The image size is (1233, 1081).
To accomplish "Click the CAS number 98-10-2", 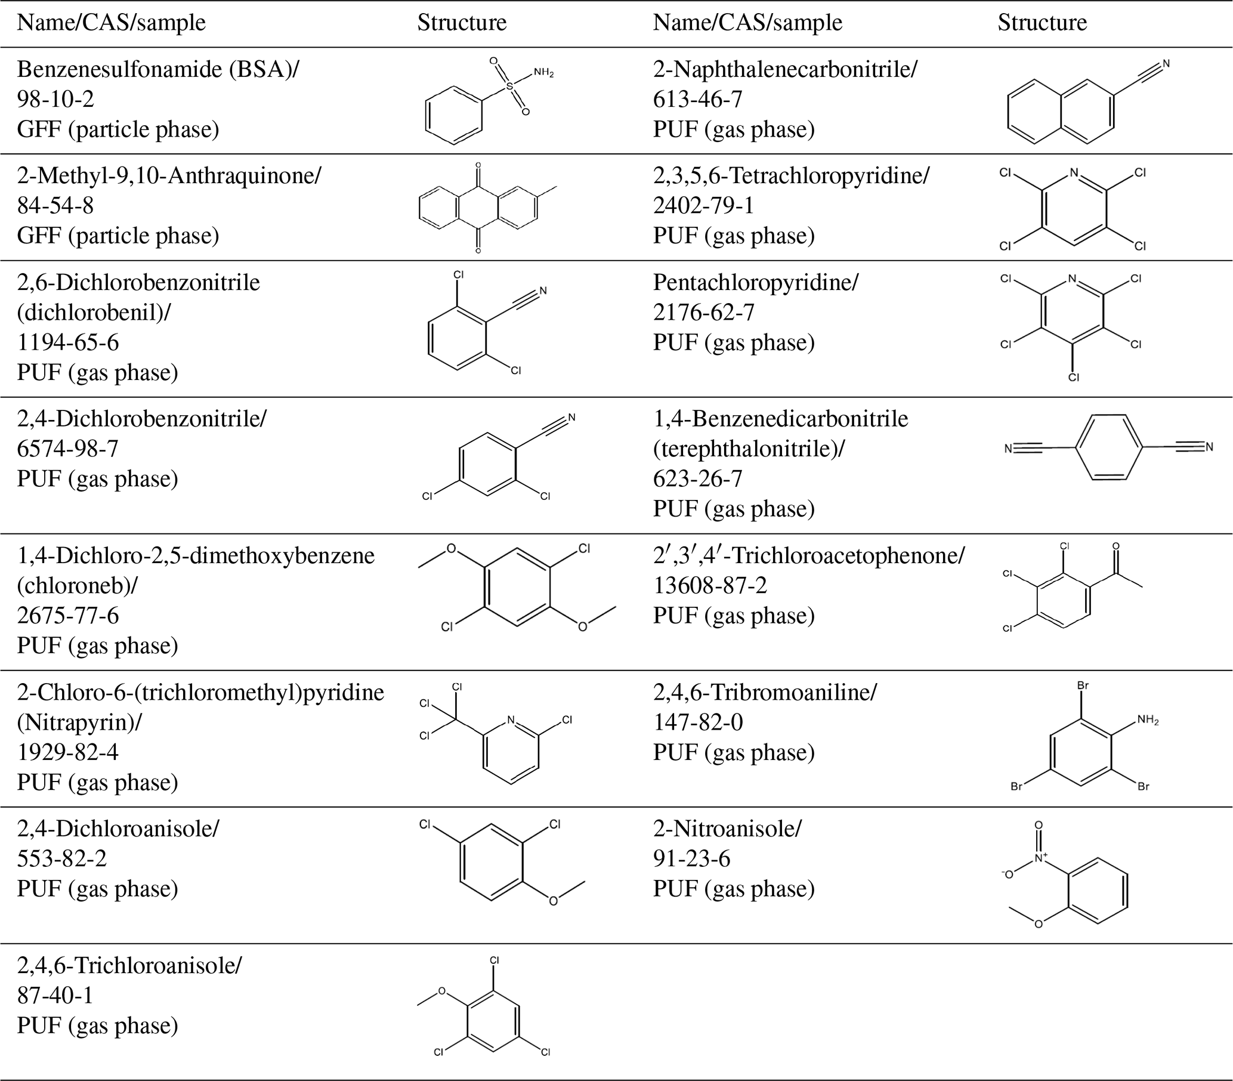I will pos(55,99).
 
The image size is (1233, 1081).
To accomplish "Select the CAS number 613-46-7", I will pos(697,99).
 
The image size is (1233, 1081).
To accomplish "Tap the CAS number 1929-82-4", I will pos(67,752).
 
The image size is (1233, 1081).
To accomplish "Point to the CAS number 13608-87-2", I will pos(710,585).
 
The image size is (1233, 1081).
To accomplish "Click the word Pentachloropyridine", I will pos(755,282).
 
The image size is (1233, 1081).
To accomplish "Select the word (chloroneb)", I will pos(76,585).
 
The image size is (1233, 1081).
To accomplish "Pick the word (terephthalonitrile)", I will pos(749,449).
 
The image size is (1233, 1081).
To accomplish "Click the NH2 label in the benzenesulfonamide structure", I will pos(543,73).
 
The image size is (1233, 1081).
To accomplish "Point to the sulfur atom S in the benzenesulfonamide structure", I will pos(510,87).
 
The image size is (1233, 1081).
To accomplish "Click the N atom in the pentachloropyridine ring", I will pos(1071,279).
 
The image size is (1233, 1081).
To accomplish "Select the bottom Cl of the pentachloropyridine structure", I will pos(1074,377).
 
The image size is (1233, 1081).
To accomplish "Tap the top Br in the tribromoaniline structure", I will pos(1083,686).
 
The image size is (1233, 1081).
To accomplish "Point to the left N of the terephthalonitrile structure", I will pos(1008,448).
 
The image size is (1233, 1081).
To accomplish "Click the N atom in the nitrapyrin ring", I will pos(511,719).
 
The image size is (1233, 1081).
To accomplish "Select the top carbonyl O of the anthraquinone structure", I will pos(478,165).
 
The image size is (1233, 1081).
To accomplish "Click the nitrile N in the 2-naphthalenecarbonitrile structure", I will pos(1166,63).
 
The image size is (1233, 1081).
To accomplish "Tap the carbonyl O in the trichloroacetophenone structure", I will pos(1115,546).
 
